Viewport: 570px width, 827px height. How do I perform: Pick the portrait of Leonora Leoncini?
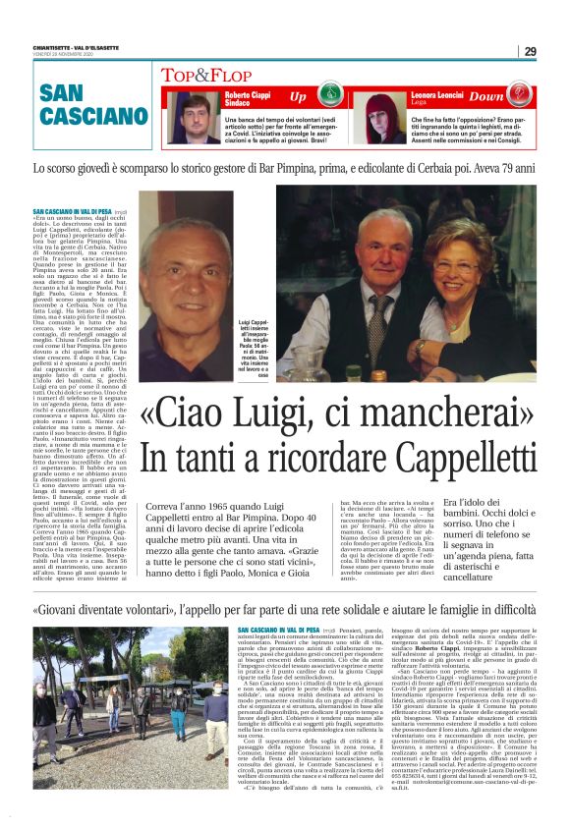[380, 119]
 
